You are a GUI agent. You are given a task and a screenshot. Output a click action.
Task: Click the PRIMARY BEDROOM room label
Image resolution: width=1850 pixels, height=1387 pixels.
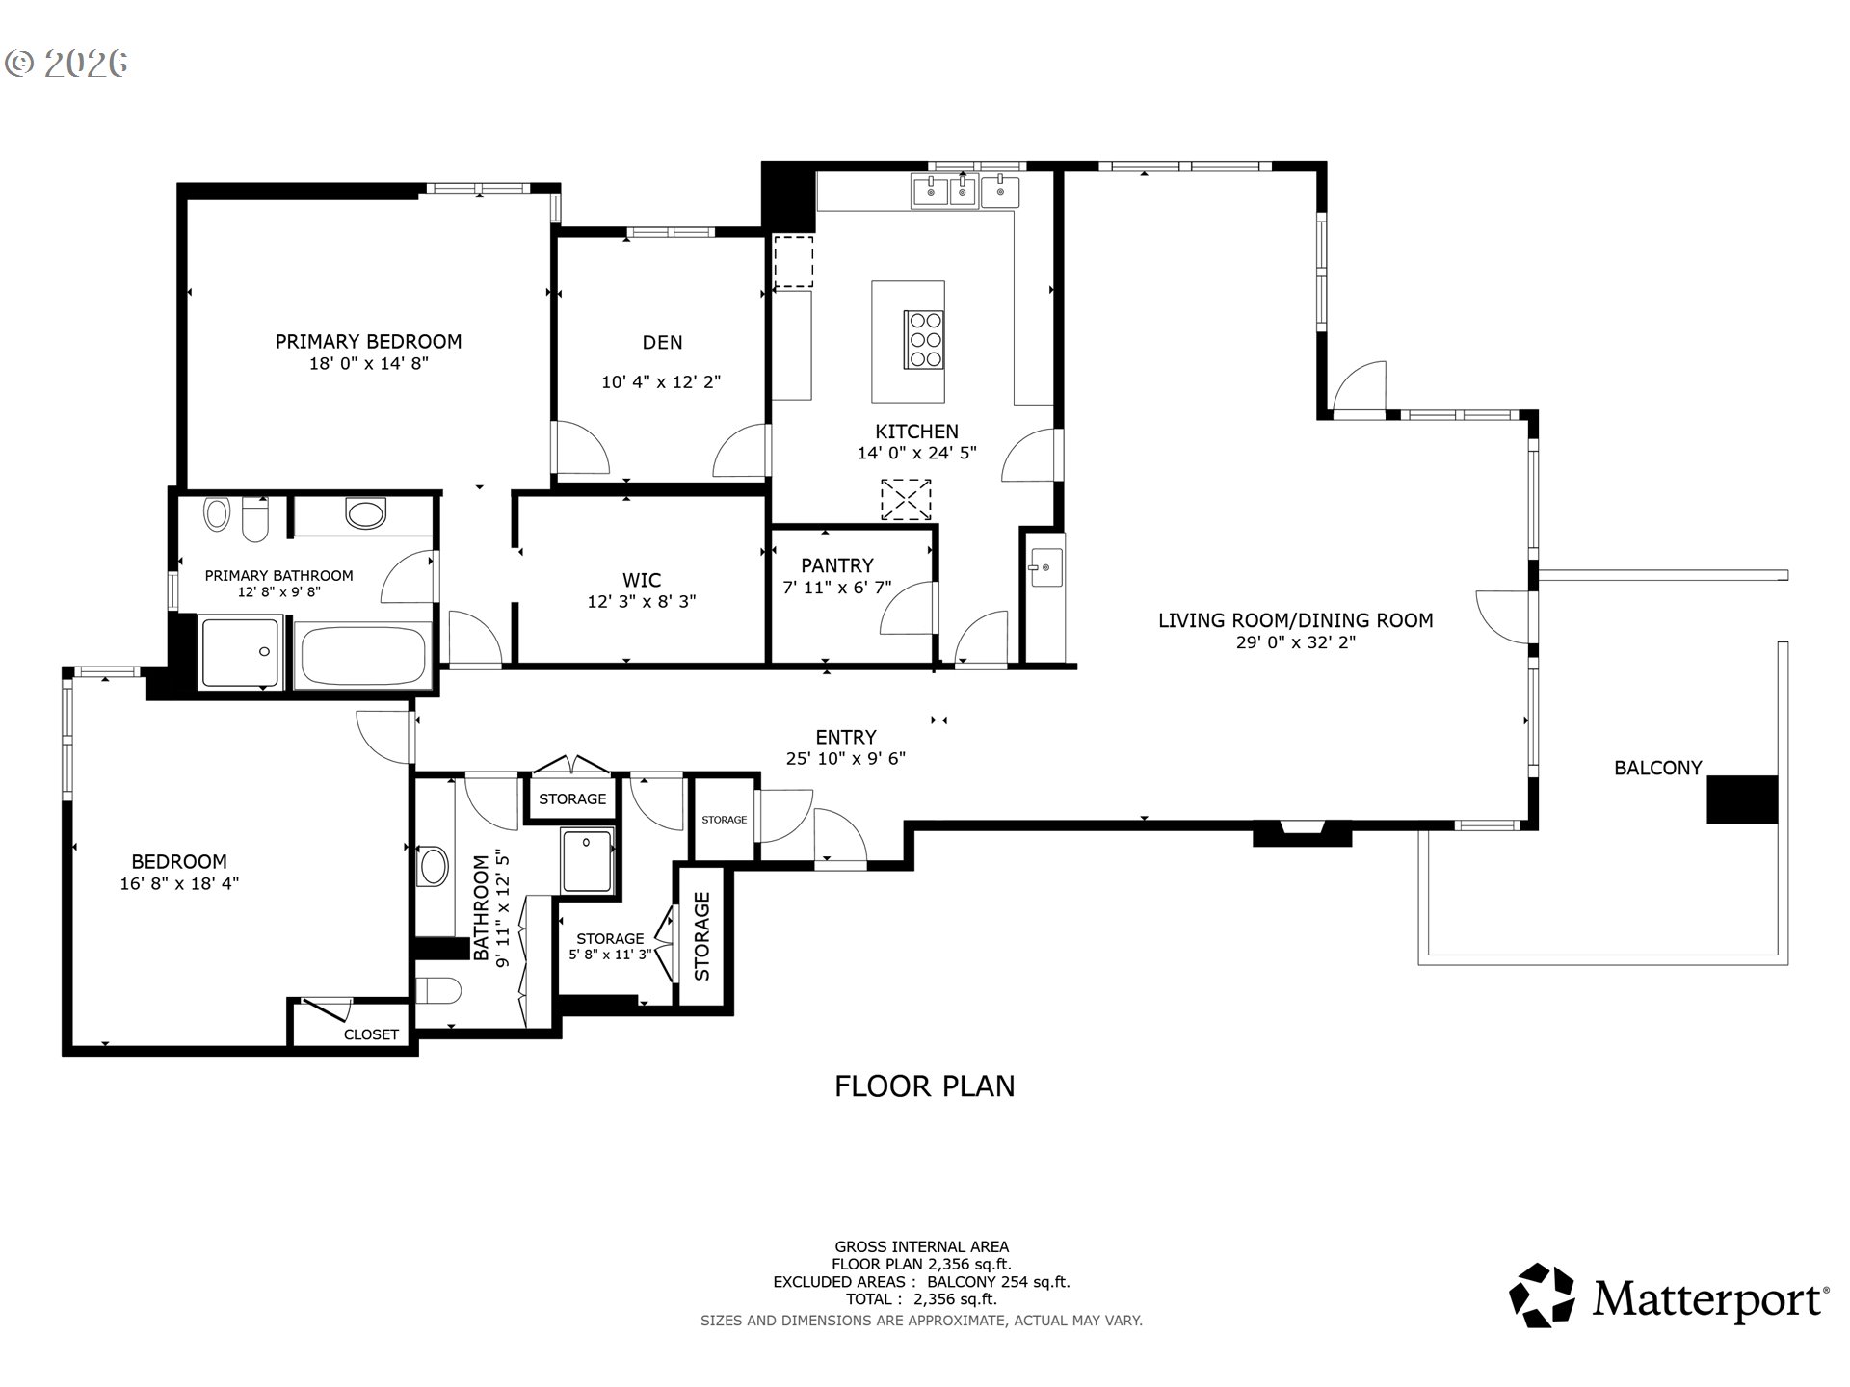pos(368,341)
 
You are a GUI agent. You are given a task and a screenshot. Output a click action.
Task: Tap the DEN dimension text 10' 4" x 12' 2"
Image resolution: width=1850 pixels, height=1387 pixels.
pos(661,382)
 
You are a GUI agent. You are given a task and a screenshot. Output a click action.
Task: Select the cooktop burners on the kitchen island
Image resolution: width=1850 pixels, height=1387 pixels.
pos(924,339)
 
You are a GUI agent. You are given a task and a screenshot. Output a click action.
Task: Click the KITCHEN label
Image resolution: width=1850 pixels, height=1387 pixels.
pos(916,432)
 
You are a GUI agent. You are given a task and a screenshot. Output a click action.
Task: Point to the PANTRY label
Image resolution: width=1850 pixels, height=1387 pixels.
pos(836,565)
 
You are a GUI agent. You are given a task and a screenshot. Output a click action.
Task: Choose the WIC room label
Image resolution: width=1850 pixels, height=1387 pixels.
pos(642,580)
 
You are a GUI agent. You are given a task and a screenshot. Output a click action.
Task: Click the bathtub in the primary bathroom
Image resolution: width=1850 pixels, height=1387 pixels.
pos(363,655)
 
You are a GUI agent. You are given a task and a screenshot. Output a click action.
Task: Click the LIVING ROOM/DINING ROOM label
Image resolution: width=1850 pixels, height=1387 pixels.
pos(1295,620)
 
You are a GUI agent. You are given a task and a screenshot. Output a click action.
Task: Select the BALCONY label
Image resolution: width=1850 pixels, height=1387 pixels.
pos(1657,768)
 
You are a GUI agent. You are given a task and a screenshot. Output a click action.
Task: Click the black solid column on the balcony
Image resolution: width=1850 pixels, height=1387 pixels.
pos(1741,799)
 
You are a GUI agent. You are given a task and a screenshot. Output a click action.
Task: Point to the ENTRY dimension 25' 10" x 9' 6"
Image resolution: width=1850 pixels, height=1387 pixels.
pos(846,759)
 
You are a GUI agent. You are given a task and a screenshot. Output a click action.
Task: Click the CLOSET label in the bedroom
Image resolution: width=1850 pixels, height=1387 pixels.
pos(371,1034)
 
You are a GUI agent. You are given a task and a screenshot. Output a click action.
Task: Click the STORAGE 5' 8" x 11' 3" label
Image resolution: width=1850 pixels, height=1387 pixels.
pos(610,946)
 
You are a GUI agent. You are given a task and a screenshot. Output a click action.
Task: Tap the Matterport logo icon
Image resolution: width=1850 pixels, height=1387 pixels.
pos(1542,1295)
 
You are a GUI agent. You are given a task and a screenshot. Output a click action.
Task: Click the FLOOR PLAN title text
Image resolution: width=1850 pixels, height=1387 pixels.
pos(924,1086)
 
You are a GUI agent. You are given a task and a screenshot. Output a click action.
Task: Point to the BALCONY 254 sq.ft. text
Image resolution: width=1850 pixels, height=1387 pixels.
pos(998,1282)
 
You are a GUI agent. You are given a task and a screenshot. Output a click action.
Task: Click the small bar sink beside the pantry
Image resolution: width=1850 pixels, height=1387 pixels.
pos(1044,567)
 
